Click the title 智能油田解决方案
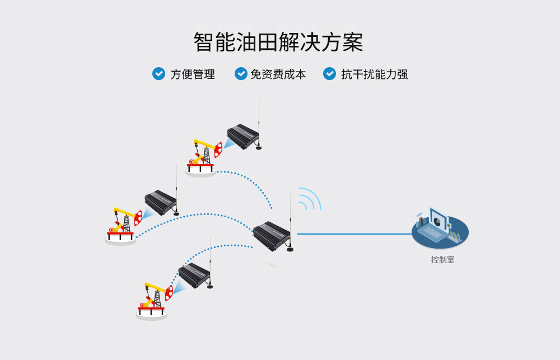click(278, 43)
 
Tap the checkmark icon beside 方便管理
click(158, 73)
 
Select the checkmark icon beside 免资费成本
click(241, 73)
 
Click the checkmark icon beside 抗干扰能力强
click(330, 73)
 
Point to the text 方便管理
click(193, 74)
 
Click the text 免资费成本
click(278, 74)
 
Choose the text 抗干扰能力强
click(375, 74)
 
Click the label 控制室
click(442, 260)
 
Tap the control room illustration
click(440, 228)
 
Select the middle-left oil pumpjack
click(123, 224)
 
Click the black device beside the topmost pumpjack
click(242, 136)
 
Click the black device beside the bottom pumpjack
click(194, 275)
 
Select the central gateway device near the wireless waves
click(272, 235)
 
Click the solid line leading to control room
click(353, 234)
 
